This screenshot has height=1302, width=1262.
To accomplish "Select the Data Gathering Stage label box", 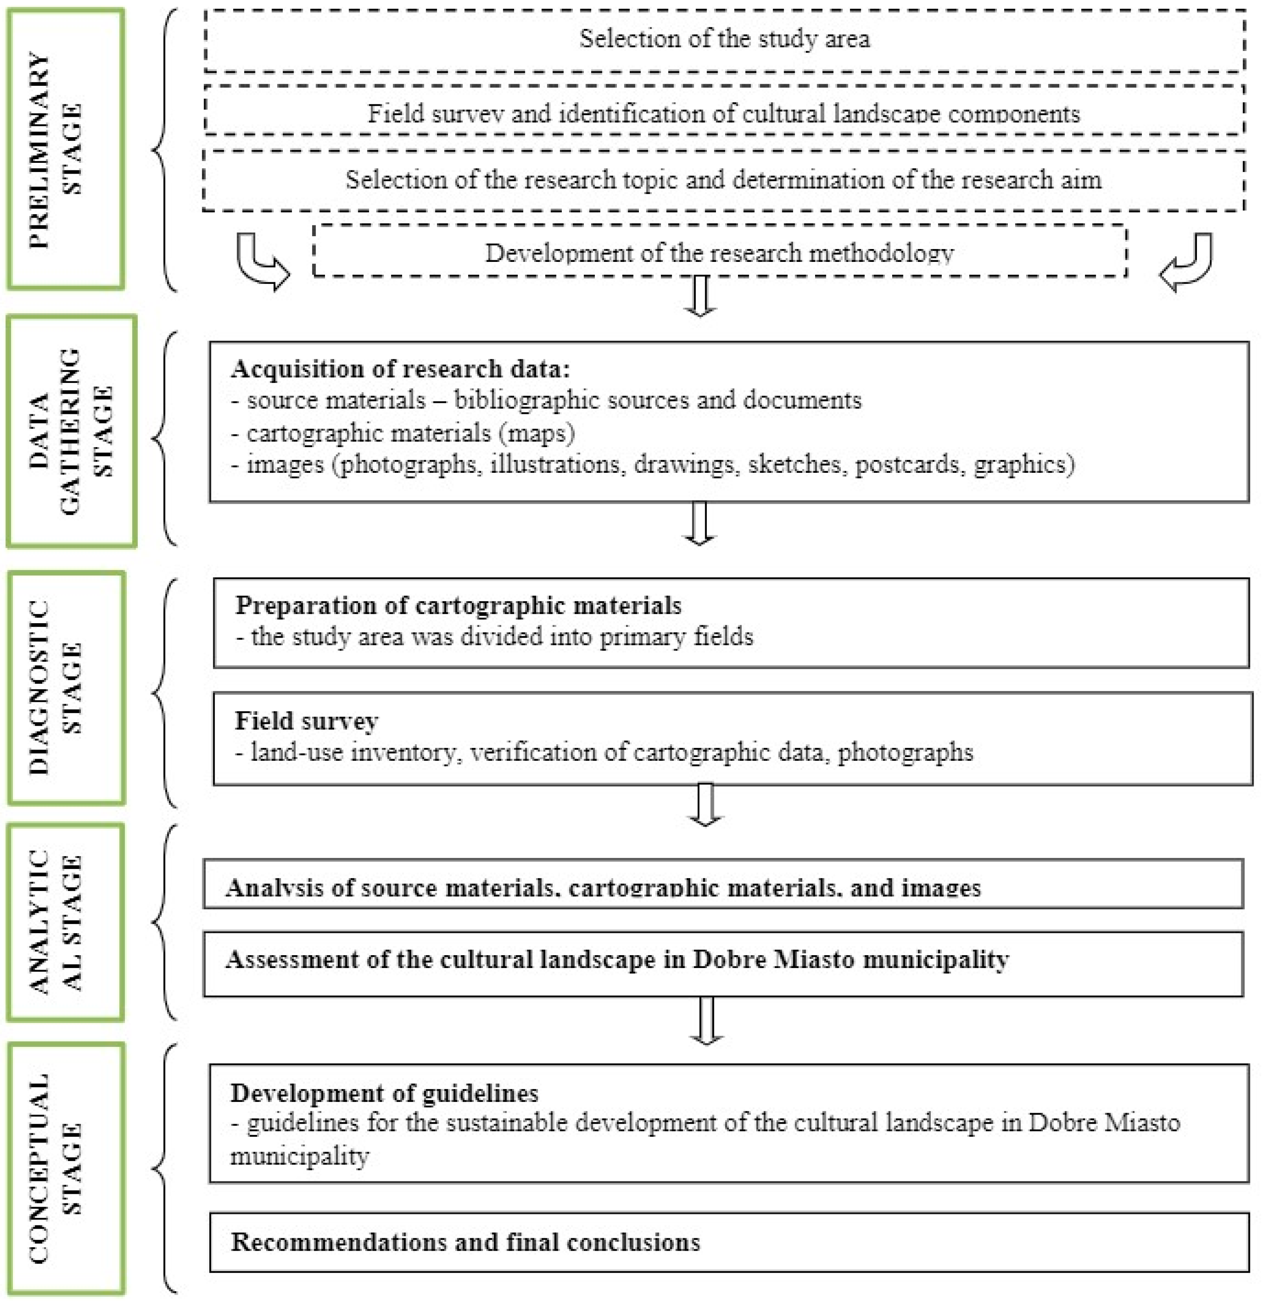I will pyautogui.click(x=71, y=431).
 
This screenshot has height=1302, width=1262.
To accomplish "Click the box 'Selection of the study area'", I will pyautogui.click(x=724, y=39).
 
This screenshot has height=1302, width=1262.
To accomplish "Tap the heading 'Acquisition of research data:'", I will pyautogui.click(x=400, y=369).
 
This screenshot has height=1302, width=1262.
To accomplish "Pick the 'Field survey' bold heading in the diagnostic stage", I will pyautogui.click(x=306, y=721).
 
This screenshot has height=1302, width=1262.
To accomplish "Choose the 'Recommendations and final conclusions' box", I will pyautogui.click(x=728, y=1242).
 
